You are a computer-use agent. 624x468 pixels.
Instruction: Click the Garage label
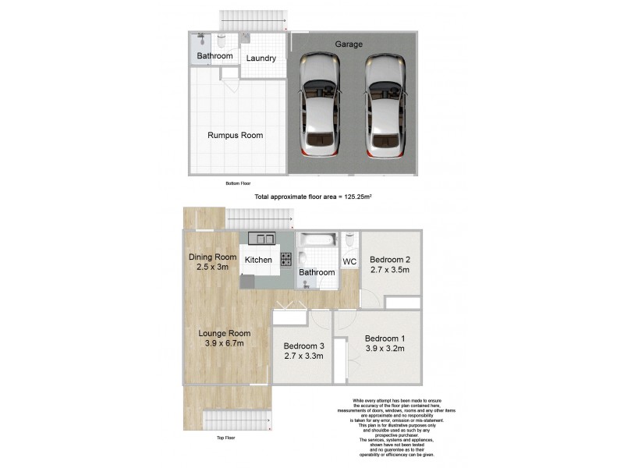pyautogui.click(x=349, y=44)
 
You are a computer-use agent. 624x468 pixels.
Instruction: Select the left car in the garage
pyautogui.click(x=317, y=101)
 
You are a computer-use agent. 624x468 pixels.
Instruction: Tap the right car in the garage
pyautogui.click(x=386, y=101)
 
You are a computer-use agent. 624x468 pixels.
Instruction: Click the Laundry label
pyautogui.click(x=261, y=58)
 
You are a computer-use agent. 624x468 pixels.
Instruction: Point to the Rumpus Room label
pyautogui.click(x=235, y=135)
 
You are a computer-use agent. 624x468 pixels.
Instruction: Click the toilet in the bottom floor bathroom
pyautogui.click(x=221, y=41)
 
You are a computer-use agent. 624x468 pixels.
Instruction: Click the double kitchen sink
pyautogui.click(x=261, y=239)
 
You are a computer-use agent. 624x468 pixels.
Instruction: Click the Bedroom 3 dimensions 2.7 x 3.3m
pyautogui.click(x=303, y=356)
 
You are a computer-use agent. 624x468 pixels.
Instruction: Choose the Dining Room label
pyautogui.click(x=212, y=257)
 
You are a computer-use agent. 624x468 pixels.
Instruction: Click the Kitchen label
pyautogui.click(x=258, y=260)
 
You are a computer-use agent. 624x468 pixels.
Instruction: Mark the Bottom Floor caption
pyautogui.click(x=238, y=183)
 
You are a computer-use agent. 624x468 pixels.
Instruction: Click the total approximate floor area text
pyautogui.click(x=311, y=198)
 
